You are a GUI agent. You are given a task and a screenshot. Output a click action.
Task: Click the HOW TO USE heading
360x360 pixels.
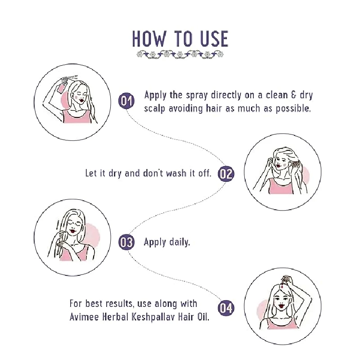180,39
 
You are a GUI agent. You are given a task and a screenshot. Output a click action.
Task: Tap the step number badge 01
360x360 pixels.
126,100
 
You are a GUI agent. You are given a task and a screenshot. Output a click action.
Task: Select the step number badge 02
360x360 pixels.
226,174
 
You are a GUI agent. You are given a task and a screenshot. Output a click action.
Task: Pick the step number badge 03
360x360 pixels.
126,242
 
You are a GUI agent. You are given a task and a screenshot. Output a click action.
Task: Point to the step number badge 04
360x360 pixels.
226,308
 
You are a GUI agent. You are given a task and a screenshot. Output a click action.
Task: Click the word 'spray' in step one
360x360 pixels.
197,95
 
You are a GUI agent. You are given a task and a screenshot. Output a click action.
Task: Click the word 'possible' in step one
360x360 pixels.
293,108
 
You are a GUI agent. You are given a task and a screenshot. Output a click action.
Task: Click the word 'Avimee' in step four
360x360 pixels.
84,317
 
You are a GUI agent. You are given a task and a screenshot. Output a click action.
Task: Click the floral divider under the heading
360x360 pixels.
180,55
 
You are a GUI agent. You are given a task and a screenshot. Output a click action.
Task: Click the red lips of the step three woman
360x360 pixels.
73,230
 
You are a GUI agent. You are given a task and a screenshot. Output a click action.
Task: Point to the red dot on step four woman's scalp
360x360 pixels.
282,286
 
